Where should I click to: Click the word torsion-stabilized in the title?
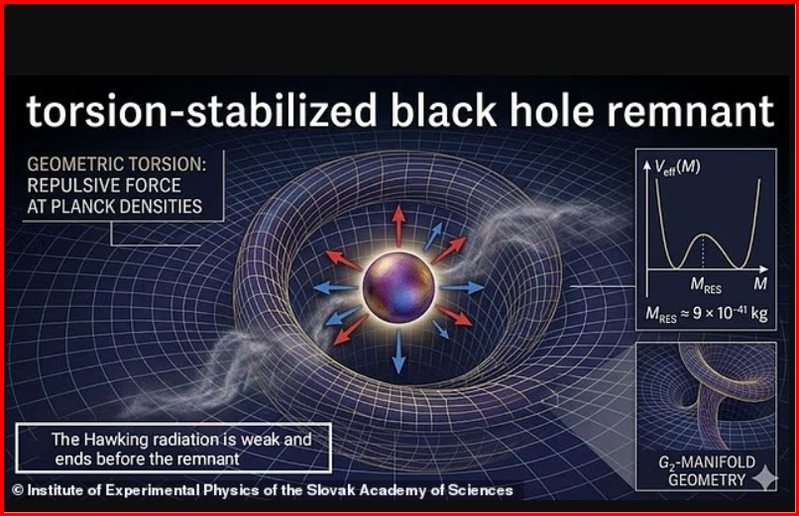(202, 110)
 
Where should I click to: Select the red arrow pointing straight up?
(399, 226)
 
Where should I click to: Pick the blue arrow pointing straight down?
(399, 352)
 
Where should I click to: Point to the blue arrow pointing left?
(336, 288)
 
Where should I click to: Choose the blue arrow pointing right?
(462, 287)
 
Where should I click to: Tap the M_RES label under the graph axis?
(706, 285)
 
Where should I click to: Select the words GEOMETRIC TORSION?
(117, 164)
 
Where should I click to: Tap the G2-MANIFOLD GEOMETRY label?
(707, 470)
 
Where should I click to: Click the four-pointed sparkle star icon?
(765, 477)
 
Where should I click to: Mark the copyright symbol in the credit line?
(17, 490)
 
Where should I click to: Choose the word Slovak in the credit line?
(331, 490)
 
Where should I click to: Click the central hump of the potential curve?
(704, 236)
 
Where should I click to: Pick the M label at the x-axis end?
(760, 283)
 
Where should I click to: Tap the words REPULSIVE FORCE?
(104, 185)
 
